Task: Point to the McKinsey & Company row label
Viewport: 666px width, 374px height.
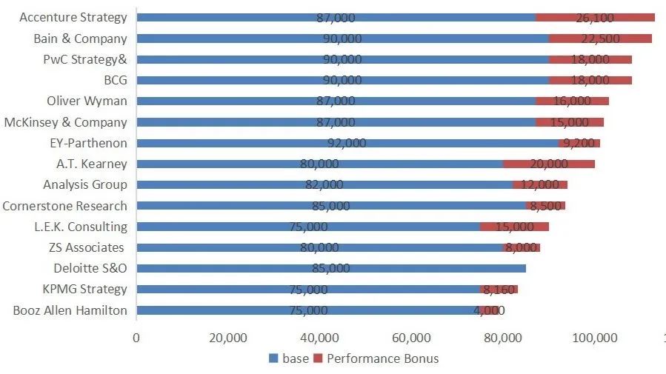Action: click(x=65, y=122)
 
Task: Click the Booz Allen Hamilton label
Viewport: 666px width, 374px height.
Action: click(x=70, y=310)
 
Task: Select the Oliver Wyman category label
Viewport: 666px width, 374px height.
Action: click(x=87, y=101)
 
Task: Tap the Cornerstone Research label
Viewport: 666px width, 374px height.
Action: click(x=64, y=206)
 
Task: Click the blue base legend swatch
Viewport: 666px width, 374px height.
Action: click(x=273, y=359)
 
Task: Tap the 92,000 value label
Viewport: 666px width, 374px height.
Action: click(x=347, y=143)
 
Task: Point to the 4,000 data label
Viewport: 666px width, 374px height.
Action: click(x=488, y=310)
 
